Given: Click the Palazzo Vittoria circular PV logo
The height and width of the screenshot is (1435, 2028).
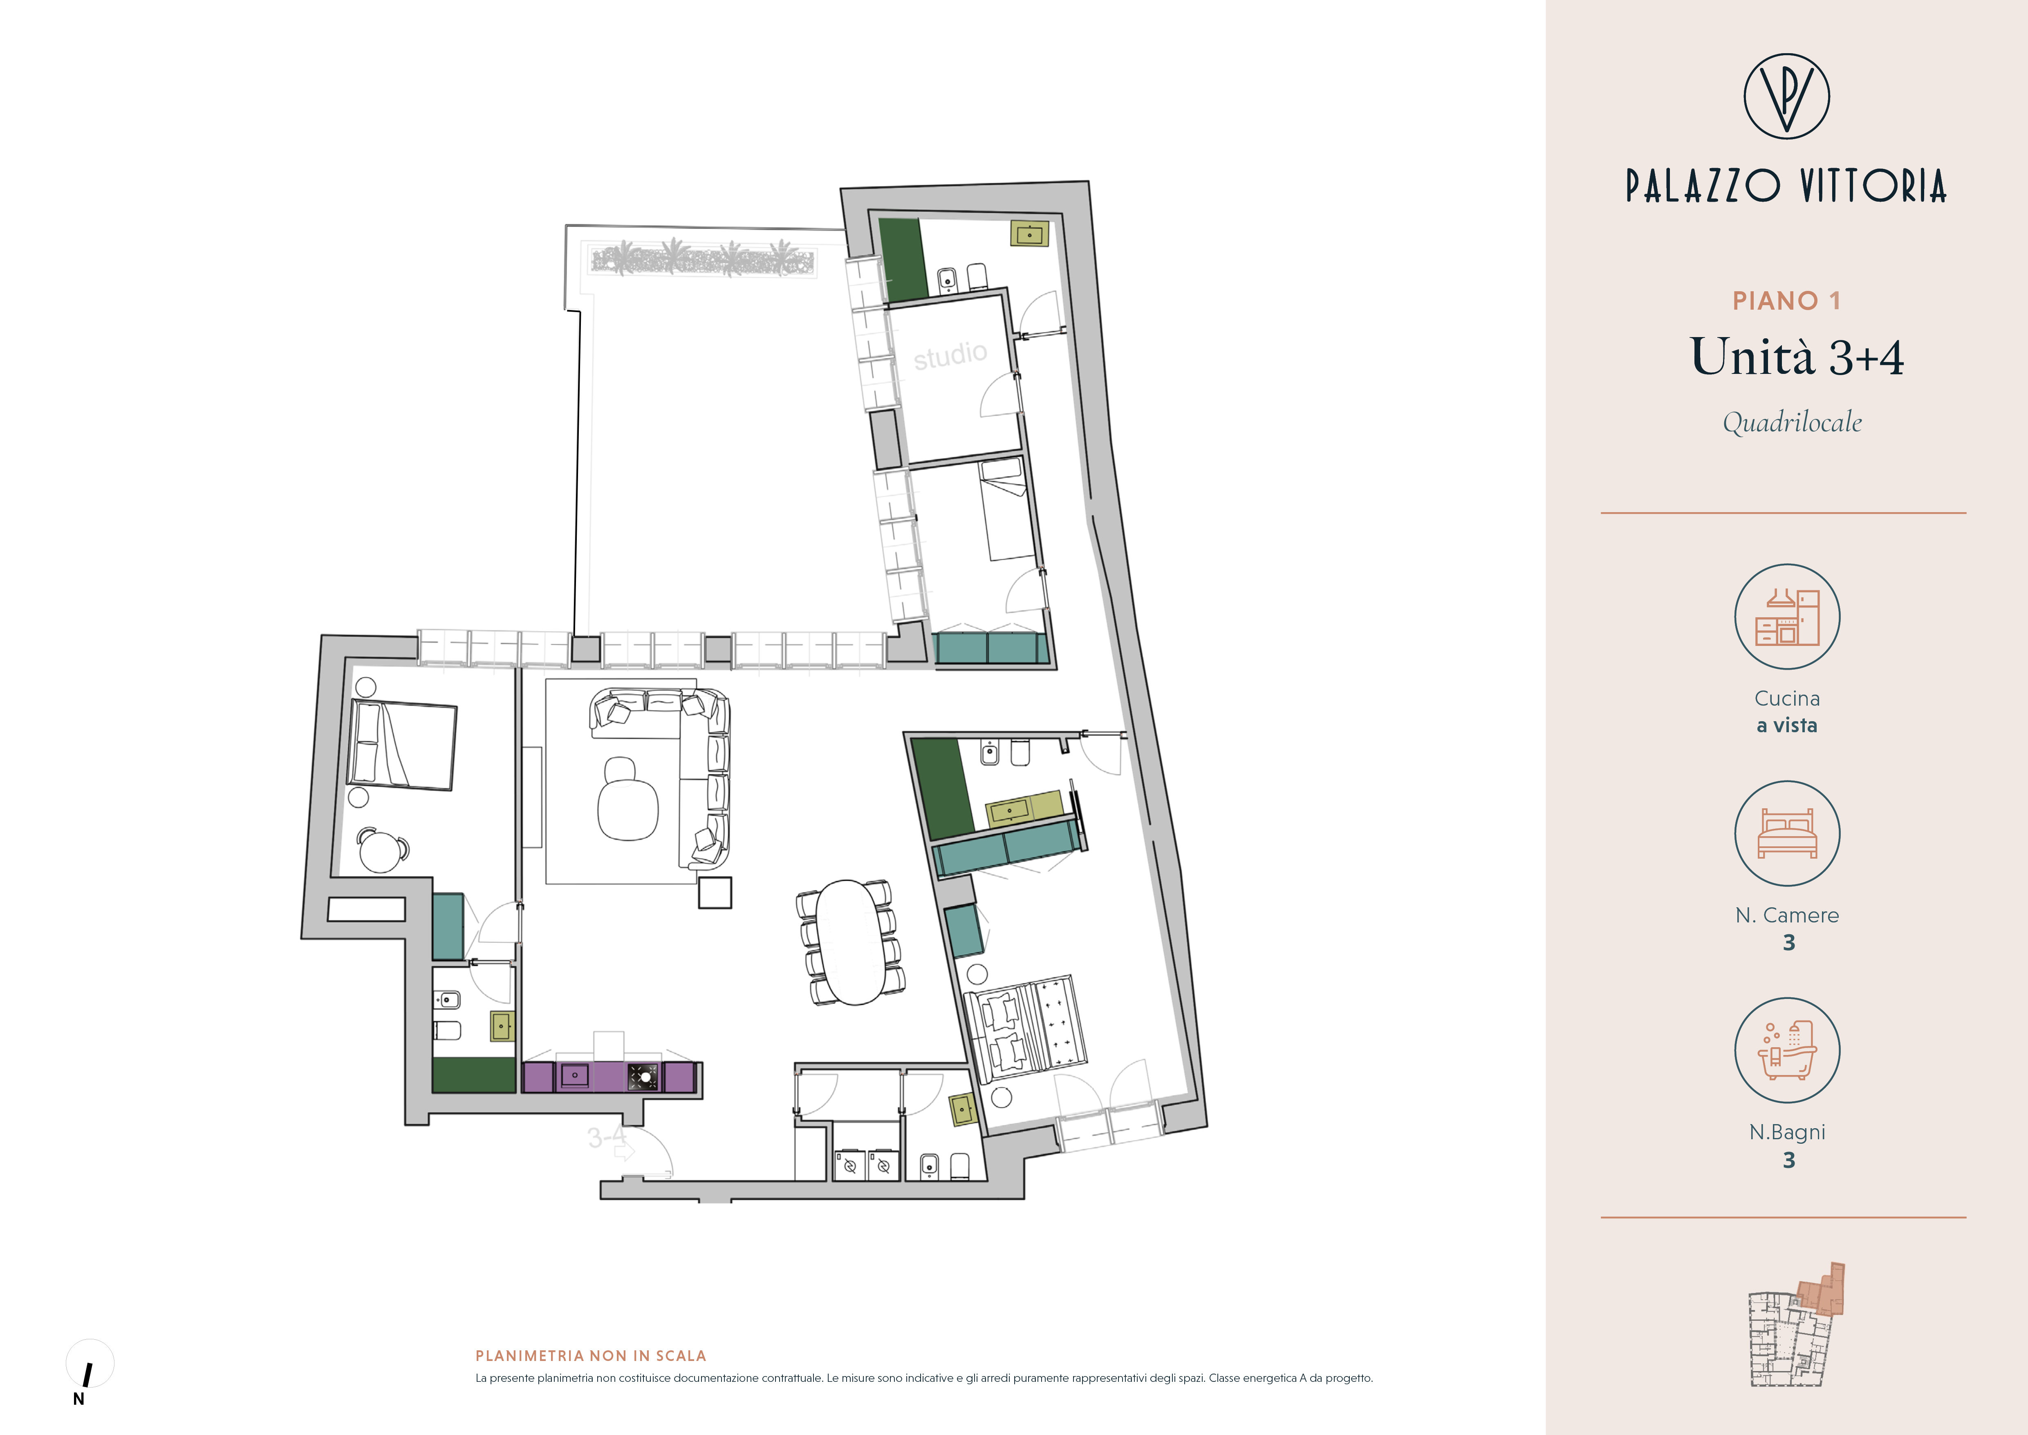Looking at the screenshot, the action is pyautogui.click(x=1786, y=96).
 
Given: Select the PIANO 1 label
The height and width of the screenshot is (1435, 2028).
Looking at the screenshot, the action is pyautogui.click(x=1786, y=301).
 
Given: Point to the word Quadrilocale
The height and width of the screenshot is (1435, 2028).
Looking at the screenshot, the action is pyautogui.click(x=1792, y=423).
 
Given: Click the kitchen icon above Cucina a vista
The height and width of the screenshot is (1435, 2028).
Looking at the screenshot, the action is pyautogui.click(x=1787, y=617).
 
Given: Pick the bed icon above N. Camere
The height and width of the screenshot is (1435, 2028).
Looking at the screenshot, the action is pyautogui.click(x=1787, y=833).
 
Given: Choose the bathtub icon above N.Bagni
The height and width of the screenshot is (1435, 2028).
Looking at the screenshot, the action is pyautogui.click(x=1787, y=1050).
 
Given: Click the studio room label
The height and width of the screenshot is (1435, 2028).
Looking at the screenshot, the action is pyautogui.click(x=950, y=355).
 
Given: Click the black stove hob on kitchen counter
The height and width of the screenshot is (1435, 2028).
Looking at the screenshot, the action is pyautogui.click(x=642, y=1076).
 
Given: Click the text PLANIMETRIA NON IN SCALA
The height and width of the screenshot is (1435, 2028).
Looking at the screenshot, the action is pyautogui.click(x=591, y=1356).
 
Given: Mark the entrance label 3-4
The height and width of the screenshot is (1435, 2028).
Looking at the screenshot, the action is pyautogui.click(x=607, y=1137).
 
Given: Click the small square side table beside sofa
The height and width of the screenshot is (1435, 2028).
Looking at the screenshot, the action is pyautogui.click(x=715, y=893).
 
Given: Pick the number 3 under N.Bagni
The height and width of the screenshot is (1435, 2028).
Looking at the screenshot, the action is pyautogui.click(x=1788, y=1160).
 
